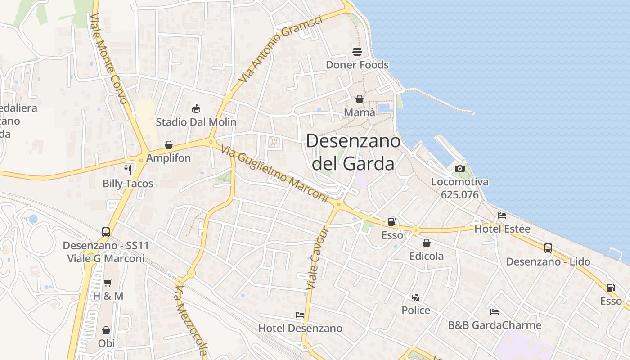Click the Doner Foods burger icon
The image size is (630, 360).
(x=357, y=51)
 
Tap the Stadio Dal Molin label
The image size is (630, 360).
(x=196, y=122)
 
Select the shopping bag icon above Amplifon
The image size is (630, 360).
(x=169, y=145)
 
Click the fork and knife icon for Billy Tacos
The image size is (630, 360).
(x=128, y=170)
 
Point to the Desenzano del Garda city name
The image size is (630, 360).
(x=353, y=152)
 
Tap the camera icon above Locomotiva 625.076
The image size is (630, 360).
(x=459, y=168)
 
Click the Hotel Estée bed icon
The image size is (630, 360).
(x=502, y=216)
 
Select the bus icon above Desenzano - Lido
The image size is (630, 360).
(x=548, y=248)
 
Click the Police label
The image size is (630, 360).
(x=416, y=310)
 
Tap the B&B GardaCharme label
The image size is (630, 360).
(x=495, y=325)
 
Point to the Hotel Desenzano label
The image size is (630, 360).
(x=300, y=328)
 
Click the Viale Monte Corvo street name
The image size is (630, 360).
(x=109, y=58)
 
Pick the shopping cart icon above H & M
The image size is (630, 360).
(x=108, y=283)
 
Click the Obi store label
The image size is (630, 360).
(x=106, y=343)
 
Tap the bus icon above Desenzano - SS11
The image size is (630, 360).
(x=106, y=232)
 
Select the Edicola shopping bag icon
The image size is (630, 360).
(x=426, y=243)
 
